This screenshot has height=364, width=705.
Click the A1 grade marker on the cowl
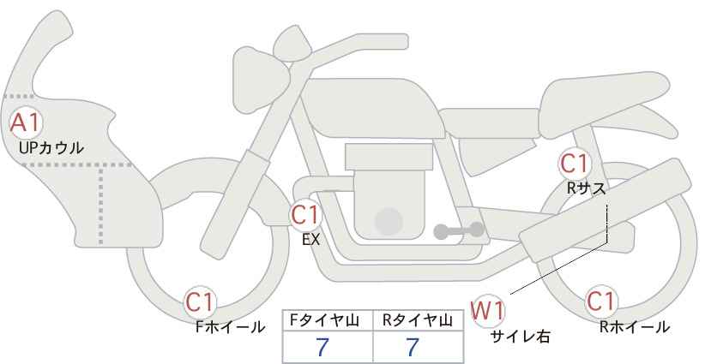click(26, 123)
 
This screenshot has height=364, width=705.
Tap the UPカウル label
click(51, 147)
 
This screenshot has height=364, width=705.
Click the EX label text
click(310, 240)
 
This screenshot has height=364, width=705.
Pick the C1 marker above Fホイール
click(200, 301)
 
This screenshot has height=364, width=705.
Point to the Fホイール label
click(230, 327)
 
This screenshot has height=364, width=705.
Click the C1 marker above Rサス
click(574, 164)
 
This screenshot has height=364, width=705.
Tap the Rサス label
click(587, 188)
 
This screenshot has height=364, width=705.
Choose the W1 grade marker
click(488, 311)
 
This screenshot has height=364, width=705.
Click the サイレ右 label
click(521, 337)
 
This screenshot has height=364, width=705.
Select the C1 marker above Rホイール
click(601, 301)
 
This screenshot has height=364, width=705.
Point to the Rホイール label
click(635, 327)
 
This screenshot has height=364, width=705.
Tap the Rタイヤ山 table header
click(418, 320)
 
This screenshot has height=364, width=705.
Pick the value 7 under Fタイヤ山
click(322, 347)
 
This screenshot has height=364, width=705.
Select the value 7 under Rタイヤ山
click(413, 347)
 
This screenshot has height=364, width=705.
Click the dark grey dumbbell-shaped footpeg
click(459, 230)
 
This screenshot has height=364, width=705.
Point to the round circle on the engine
click(389, 221)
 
